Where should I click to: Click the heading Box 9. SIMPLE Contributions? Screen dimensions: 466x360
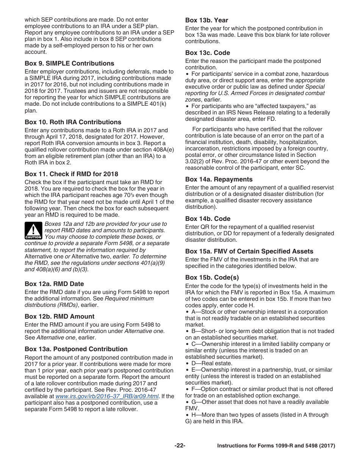(69, 63)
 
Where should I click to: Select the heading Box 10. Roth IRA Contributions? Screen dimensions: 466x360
(73, 122)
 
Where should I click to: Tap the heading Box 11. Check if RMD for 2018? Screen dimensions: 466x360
(71, 174)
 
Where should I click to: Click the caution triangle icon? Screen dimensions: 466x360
(33, 230)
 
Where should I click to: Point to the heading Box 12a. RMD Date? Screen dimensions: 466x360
(54, 284)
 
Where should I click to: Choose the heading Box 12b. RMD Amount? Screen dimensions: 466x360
(59, 316)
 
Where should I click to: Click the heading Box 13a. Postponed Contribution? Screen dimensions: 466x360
(76, 349)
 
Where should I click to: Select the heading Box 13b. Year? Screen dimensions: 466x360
(207, 20)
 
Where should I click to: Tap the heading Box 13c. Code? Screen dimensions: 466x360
(207, 53)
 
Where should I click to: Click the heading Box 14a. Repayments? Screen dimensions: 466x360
(219, 179)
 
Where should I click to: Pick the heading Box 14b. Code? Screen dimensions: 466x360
(208, 219)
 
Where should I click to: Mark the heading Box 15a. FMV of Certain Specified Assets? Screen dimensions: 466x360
(249, 251)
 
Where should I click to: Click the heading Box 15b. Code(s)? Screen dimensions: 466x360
(212, 277)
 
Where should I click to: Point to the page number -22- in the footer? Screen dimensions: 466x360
(180, 446)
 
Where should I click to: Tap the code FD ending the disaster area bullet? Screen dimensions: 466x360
(272, 119)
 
